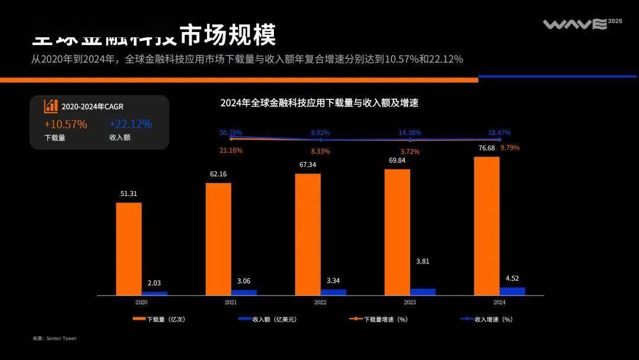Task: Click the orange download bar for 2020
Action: pyautogui.click(x=128, y=249)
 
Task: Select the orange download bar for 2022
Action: pyautogui.click(x=308, y=234)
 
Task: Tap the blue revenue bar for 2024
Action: pyautogui.click(x=512, y=291)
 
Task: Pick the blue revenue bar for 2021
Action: pyautogui.click(x=244, y=292)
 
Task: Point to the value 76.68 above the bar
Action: pyautogui.click(x=486, y=148)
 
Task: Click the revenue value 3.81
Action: pyautogui.click(x=422, y=261)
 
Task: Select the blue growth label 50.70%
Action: pyautogui.click(x=231, y=133)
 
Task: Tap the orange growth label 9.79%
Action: pyautogui.click(x=509, y=148)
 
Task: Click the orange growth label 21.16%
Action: pyautogui.click(x=231, y=150)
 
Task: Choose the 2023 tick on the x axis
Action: pyautogui.click(x=409, y=303)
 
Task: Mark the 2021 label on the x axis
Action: pyautogui.click(x=231, y=303)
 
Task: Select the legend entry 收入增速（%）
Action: pyautogui.click(x=486, y=319)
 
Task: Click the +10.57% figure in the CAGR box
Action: pyautogui.click(x=66, y=124)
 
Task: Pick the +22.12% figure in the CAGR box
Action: pyautogui.click(x=131, y=124)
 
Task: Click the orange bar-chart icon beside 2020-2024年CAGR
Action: pyautogui.click(x=51, y=106)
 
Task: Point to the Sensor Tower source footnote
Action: pyautogui.click(x=54, y=339)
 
